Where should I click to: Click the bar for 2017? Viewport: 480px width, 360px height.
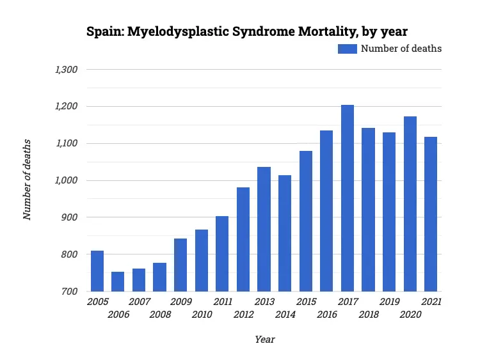[348, 198]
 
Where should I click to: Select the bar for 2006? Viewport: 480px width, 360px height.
[118, 281]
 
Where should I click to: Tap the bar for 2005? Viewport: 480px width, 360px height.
[97, 271]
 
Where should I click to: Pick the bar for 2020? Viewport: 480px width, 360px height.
[410, 204]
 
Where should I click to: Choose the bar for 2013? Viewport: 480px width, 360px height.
[264, 229]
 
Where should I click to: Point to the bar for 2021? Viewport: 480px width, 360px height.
[431, 214]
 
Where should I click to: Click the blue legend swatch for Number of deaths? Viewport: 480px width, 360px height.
[348, 49]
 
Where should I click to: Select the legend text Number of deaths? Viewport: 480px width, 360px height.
[401, 49]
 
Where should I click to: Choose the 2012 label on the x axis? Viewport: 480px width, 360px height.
[243, 315]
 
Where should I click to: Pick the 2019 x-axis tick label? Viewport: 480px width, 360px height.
[389, 302]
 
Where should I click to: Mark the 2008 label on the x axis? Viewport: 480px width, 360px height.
[160, 315]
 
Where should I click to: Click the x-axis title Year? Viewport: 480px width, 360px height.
[264, 340]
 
